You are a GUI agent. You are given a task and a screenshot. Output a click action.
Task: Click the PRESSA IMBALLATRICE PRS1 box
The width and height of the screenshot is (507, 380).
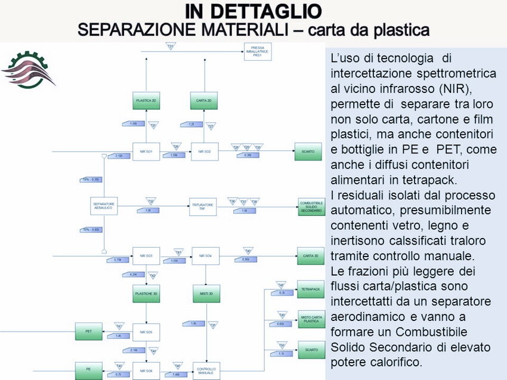click(x=258, y=52)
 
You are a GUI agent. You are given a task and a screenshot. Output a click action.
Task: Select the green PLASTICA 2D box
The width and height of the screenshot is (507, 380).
click(x=146, y=101)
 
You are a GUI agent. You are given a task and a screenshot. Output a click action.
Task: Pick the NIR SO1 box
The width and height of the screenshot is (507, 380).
click(x=146, y=152)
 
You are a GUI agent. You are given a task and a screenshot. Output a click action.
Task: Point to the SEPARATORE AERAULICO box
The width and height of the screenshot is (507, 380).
click(x=104, y=206)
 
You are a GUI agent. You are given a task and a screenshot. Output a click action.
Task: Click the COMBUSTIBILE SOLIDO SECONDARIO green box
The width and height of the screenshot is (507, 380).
click(x=311, y=206)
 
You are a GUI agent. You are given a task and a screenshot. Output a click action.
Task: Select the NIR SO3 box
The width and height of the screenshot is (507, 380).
click(x=146, y=257)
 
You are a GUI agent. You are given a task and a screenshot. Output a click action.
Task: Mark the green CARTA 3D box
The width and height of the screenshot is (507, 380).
click(x=311, y=257)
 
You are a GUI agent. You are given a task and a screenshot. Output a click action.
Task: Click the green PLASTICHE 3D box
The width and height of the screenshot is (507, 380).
click(x=146, y=294)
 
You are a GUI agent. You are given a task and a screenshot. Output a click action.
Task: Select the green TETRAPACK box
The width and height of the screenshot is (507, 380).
click(x=311, y=289)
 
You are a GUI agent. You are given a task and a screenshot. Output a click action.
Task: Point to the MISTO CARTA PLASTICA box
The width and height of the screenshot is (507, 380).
click(x=311, y=319)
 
